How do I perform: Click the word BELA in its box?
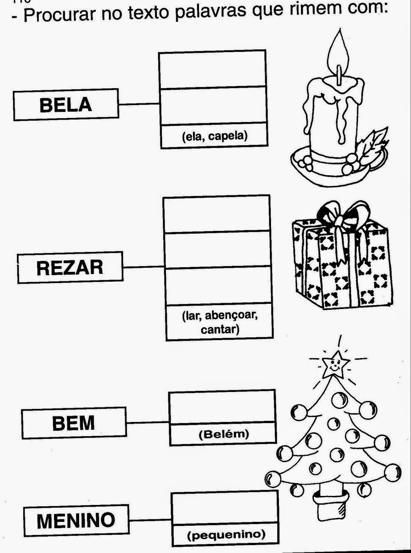[66, 105]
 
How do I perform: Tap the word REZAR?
[70, 268]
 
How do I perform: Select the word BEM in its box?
[73, 423]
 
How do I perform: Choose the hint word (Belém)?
[224, 434]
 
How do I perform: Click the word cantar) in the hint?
[220, 329]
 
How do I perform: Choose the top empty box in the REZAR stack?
[216, 214]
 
